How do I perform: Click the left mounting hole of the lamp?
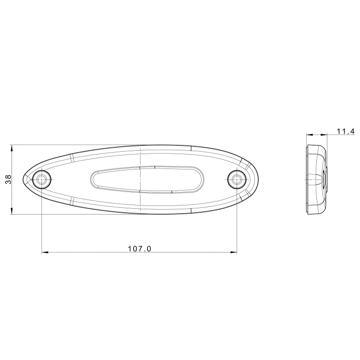pos(42,180)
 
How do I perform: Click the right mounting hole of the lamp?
pos(236,180)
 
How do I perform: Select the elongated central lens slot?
pos(147,180)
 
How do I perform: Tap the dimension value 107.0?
pos(140,249)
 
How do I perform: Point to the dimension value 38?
pos(8,180)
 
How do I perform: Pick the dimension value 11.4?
pos(345,131)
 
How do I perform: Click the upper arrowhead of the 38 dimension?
pos(12,147)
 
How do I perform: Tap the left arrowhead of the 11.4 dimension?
pos(309,134)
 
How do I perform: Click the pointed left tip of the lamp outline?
pos(25,179)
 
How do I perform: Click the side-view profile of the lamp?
pos(316,179)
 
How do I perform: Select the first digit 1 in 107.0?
pos(130,249)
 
